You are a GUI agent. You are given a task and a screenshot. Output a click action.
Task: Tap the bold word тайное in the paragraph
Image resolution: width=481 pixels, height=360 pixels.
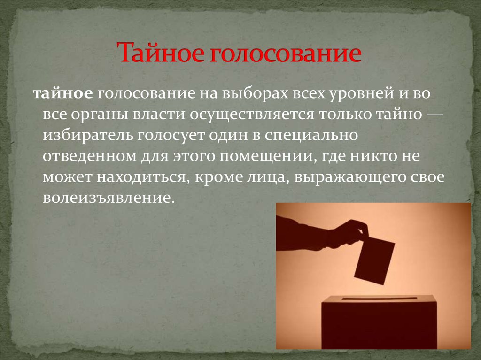click(62, 94)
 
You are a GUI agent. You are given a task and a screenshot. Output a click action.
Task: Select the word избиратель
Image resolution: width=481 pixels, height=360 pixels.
click(88, 135)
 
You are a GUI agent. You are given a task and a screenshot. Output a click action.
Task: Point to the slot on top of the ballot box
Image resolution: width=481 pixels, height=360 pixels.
click(380, 298)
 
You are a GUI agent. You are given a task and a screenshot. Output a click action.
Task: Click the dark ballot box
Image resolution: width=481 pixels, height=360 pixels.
click(379, 322)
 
